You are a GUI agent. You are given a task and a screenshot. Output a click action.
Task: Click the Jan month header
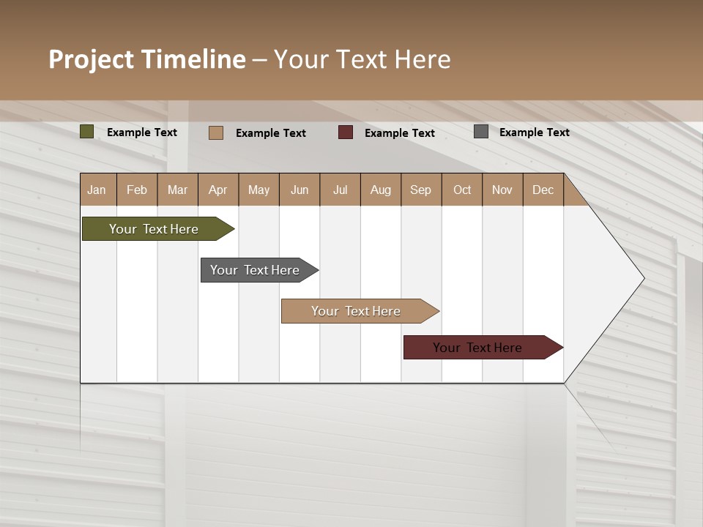click(97, 190)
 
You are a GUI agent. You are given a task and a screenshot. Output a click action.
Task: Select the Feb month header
click(137, 190)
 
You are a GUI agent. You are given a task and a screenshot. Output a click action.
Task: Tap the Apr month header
click(217, 190)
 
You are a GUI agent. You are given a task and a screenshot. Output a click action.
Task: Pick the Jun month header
click(300, 190)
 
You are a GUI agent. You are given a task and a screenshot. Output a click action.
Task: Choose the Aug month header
click(381, 190)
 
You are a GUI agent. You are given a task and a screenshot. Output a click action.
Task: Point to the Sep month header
click(420, 190)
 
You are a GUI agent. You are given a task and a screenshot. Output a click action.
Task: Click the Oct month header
click(462, 190)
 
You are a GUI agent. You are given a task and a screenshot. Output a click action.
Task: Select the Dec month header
click(543, 190)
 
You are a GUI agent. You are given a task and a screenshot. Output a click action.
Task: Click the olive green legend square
click(87, 132)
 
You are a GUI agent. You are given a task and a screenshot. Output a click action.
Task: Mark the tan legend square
click(216, 132)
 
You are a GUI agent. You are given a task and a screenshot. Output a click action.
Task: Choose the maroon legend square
click(346, 132)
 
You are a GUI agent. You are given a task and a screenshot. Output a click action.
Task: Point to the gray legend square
click(481, 132)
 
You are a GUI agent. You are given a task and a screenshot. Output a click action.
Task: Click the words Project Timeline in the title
click(147, 59)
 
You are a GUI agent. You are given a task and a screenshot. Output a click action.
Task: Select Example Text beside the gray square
click(535, 132)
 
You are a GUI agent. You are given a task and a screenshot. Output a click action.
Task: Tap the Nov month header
click(502, 190)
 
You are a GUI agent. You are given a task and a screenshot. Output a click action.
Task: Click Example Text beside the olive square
click(142, 132)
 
